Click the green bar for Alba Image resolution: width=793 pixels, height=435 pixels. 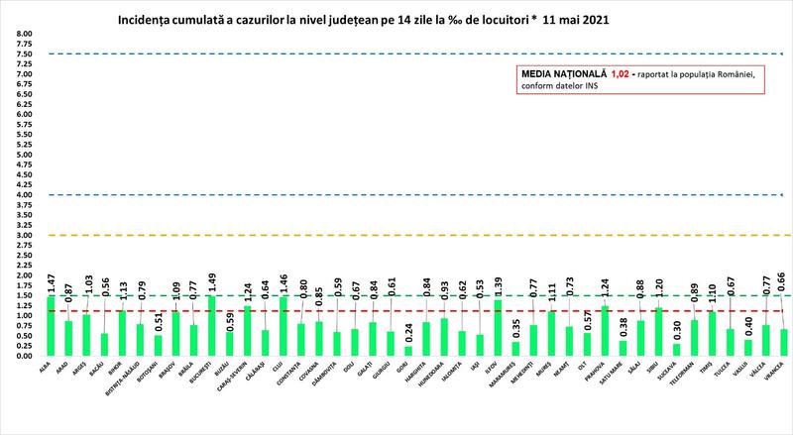coord(51,325)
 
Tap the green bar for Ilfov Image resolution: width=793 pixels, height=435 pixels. coord(498,327)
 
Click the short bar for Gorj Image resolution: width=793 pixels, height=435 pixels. coord(408,350)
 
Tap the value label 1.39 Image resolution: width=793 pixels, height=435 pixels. coord(499,286)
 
